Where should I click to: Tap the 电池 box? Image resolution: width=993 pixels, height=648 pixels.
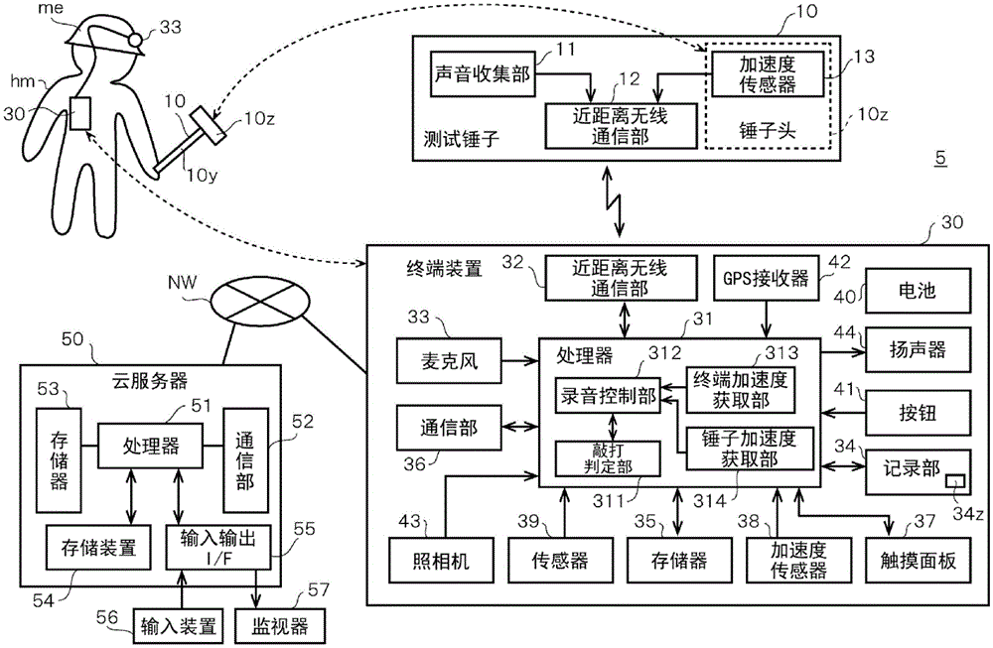(x=908, y=293)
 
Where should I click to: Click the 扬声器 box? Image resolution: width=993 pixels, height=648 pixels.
(x=908, y=349)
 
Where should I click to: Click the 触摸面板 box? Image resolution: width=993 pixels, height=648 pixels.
(x=908, y=560)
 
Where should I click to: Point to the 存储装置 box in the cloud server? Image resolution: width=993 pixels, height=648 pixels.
(x=91, y=546)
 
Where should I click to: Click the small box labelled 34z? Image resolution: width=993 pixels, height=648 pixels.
(x=954, y=480)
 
